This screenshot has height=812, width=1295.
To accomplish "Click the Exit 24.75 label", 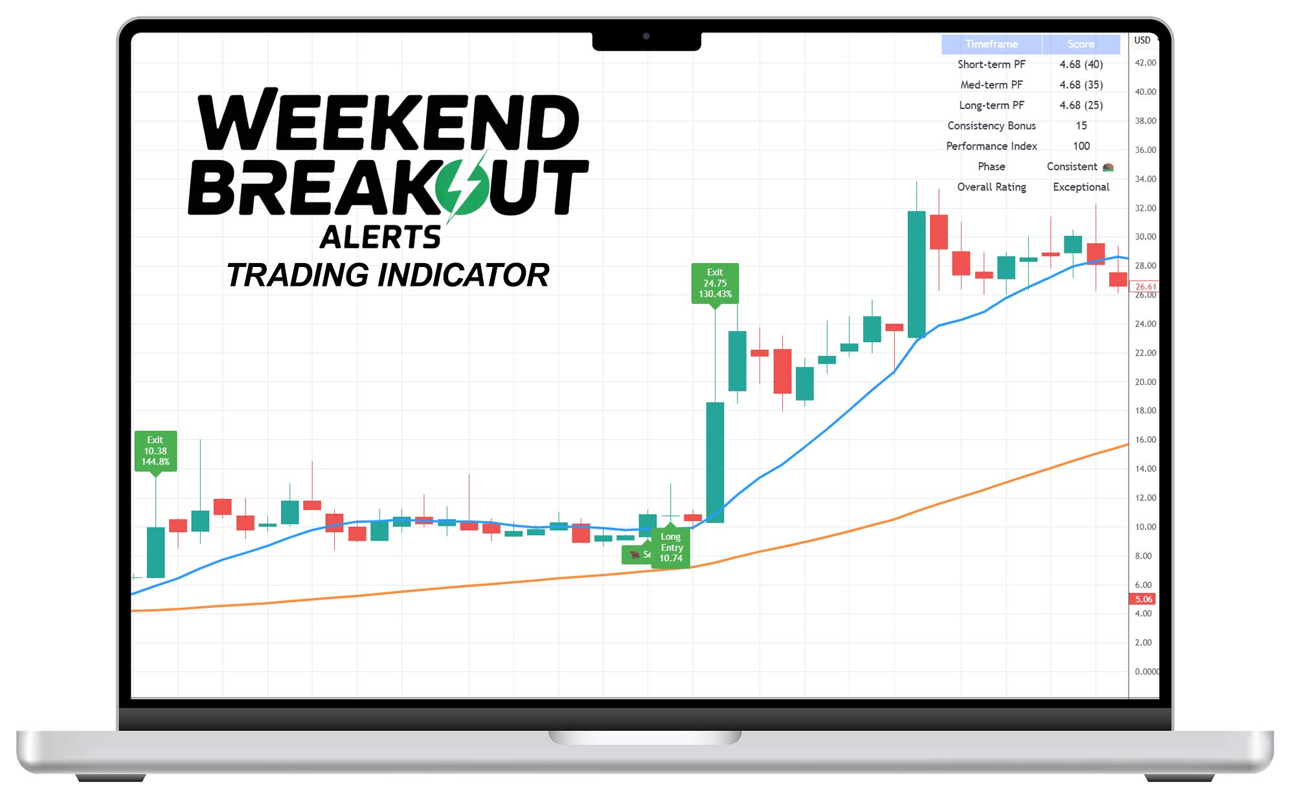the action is pos(715,283).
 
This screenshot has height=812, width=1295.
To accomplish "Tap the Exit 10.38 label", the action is pos(155,450).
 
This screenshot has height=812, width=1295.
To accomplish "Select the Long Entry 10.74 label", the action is pos(671,548).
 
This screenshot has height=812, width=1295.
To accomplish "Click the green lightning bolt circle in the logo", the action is pos(461,187).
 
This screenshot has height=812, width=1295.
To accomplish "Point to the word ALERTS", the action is pos(381,237).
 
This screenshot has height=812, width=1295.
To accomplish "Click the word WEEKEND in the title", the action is pos(388,121).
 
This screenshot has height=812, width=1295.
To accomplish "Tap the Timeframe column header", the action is pos(991,44).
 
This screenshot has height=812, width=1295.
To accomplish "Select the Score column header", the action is pos(1081,44).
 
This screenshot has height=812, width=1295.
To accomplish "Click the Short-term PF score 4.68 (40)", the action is pos(1081,64).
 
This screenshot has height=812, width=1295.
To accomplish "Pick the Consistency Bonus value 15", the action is pos(1081,126).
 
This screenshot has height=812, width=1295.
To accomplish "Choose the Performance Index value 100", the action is pos(1081,146).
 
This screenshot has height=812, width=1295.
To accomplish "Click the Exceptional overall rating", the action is pos(1081,187).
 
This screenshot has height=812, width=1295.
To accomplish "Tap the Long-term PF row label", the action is pos(991,105).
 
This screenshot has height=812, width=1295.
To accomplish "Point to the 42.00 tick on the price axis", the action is pos(1145,63).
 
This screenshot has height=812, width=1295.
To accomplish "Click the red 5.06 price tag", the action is pos(1143,599).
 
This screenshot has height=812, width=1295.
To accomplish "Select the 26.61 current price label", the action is pos(1144,286).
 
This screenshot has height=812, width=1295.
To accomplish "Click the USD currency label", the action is pos(1142,40).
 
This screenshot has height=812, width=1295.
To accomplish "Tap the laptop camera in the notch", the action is pos(646,36).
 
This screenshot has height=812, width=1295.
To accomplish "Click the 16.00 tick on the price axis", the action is pos(1145,439).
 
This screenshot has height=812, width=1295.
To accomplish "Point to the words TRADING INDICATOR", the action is pos(388,275).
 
